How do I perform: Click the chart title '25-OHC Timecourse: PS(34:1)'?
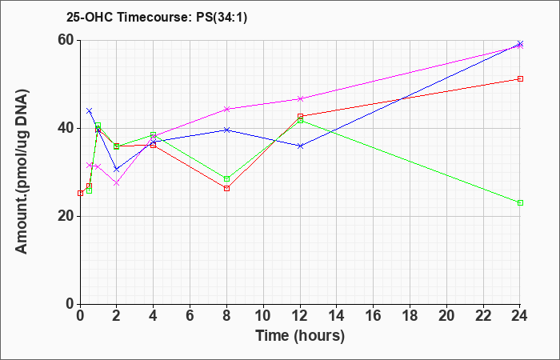[x=157, y=17]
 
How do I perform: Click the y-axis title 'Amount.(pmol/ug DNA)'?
[x=22, y=171]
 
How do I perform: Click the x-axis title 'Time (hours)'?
[x=300, y=336]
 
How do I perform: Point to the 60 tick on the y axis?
[x=67, y=41]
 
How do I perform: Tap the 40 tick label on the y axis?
[x=67, y=129]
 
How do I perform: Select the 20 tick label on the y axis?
[x=67, y=217]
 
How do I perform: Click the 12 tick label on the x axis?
[x=300, y=316]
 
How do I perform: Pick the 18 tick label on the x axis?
[x=410, y=316]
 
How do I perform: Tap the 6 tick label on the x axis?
[x=190, y=316]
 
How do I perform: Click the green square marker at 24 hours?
[x=520, y=203]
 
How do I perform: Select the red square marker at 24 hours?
[x=520, y=78]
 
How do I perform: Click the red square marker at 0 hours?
[x=80, y=194]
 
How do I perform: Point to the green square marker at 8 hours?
[x=226, y=179]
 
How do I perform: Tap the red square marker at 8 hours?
[x=226, y=188]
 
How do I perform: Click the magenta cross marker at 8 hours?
[x=226, y=109]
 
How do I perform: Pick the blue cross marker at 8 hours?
[x=226, y=130]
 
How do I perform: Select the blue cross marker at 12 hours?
[x=300, y=146]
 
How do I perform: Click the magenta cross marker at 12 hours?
[x=300, y=98]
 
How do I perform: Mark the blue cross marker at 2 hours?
[x=117, y=170]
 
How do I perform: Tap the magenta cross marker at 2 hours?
[x=117, y=183]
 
